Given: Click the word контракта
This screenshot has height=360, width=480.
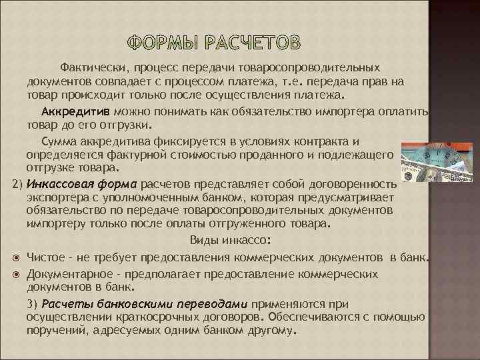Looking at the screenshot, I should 329,141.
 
